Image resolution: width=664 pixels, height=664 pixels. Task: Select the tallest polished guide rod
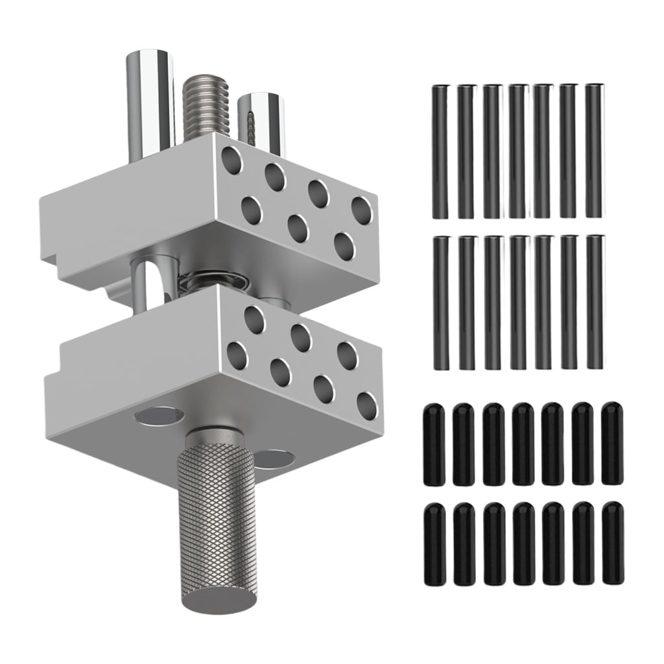(x=150, y=97)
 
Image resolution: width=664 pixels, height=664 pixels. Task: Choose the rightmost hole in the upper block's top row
(x=362, y=210)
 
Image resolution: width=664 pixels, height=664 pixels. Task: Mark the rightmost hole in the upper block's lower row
(x=345, y=246)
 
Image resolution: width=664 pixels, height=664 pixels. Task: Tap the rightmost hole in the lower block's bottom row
(x=367, y=405)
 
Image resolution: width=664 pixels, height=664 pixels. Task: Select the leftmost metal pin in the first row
(x=440, y=152)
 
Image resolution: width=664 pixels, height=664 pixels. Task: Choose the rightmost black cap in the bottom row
(x=612, y=543)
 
